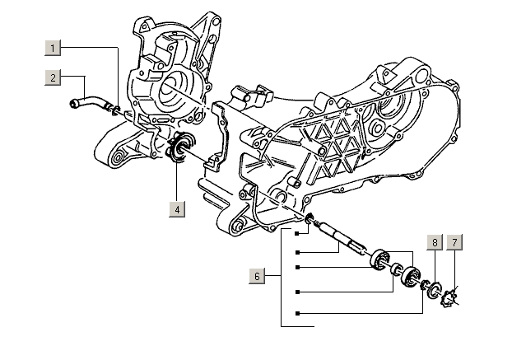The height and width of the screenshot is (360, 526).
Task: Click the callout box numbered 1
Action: pos(52,49)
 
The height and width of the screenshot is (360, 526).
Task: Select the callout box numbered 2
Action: pos(52,77)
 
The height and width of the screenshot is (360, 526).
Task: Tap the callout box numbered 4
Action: pos(177,209)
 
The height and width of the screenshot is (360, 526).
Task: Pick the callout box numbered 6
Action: pos(258,276)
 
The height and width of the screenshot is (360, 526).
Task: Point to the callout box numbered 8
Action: pos(434,242)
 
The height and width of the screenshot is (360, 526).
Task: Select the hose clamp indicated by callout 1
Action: pos(116,110)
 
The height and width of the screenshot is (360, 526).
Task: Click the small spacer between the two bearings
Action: pos(395,269)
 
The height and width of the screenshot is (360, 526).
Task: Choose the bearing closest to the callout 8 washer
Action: pos(410,278)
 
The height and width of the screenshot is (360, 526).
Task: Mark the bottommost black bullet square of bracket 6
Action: pos(297,314)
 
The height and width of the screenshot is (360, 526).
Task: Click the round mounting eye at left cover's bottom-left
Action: pos(117,155)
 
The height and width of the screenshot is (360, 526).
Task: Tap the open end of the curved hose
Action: pos(72,103)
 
